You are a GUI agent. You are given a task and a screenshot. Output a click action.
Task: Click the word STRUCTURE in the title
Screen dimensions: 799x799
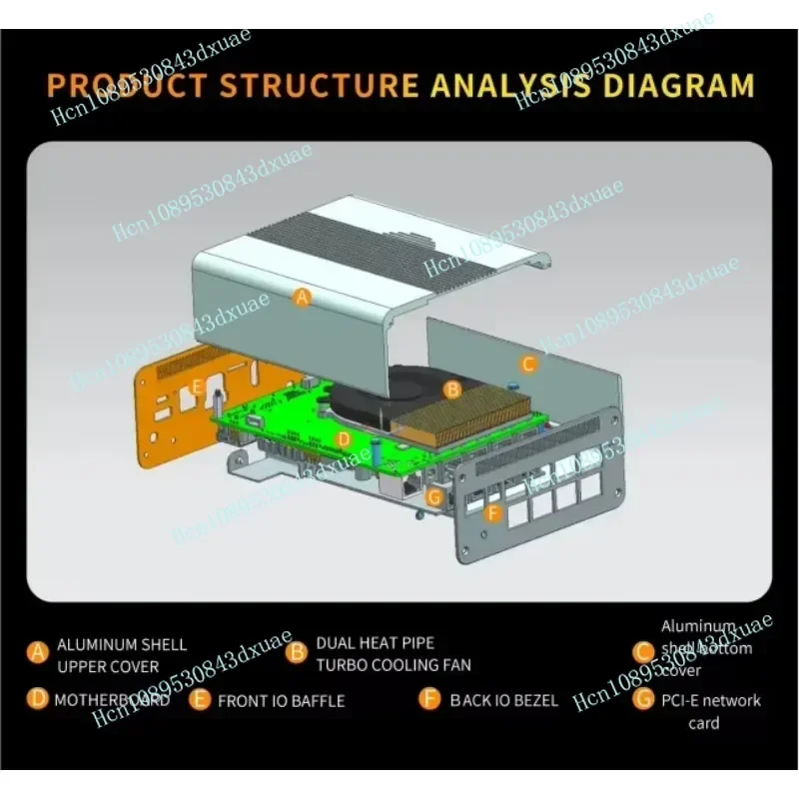click(319, 84)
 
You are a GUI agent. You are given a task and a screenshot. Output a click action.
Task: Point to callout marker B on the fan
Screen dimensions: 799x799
click(451, 389)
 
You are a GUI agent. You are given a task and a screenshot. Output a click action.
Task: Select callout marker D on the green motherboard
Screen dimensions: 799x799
click(343, 438)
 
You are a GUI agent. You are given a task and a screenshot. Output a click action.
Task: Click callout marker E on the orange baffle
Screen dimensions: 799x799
click(198, 386)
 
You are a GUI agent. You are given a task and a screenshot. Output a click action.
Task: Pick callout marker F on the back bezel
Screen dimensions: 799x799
click(491, 514)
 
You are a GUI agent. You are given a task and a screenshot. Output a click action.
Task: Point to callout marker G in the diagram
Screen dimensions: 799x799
click(433, 495)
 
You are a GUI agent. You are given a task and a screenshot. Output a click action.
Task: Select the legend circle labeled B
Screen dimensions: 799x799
click(297, 653)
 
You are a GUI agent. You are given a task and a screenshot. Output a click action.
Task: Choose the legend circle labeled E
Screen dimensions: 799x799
click(201, 700)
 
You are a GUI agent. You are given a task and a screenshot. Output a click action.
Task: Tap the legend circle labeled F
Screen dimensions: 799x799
click(430, 699)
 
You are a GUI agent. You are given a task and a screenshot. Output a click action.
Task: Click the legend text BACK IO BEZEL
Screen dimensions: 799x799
click(503, 700)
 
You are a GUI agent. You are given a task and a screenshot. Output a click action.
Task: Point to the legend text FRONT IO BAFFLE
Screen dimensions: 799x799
click(281, 701)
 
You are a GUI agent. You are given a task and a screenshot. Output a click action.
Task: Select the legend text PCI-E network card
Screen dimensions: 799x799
click(710, 711)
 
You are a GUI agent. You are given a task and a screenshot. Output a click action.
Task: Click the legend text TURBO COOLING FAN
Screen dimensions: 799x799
click(394, 665)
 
